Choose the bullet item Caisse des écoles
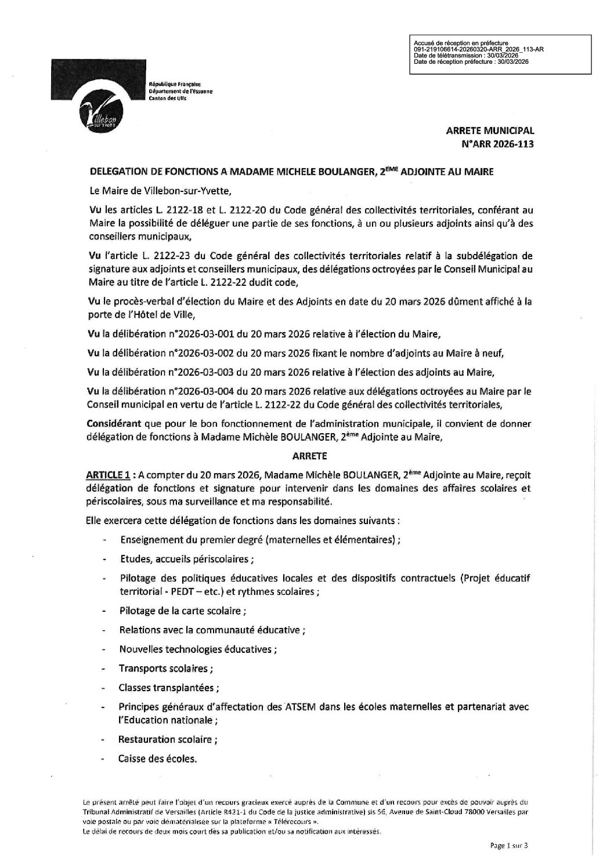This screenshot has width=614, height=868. [158, 758]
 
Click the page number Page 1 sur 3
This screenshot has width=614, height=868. [509, 846]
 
